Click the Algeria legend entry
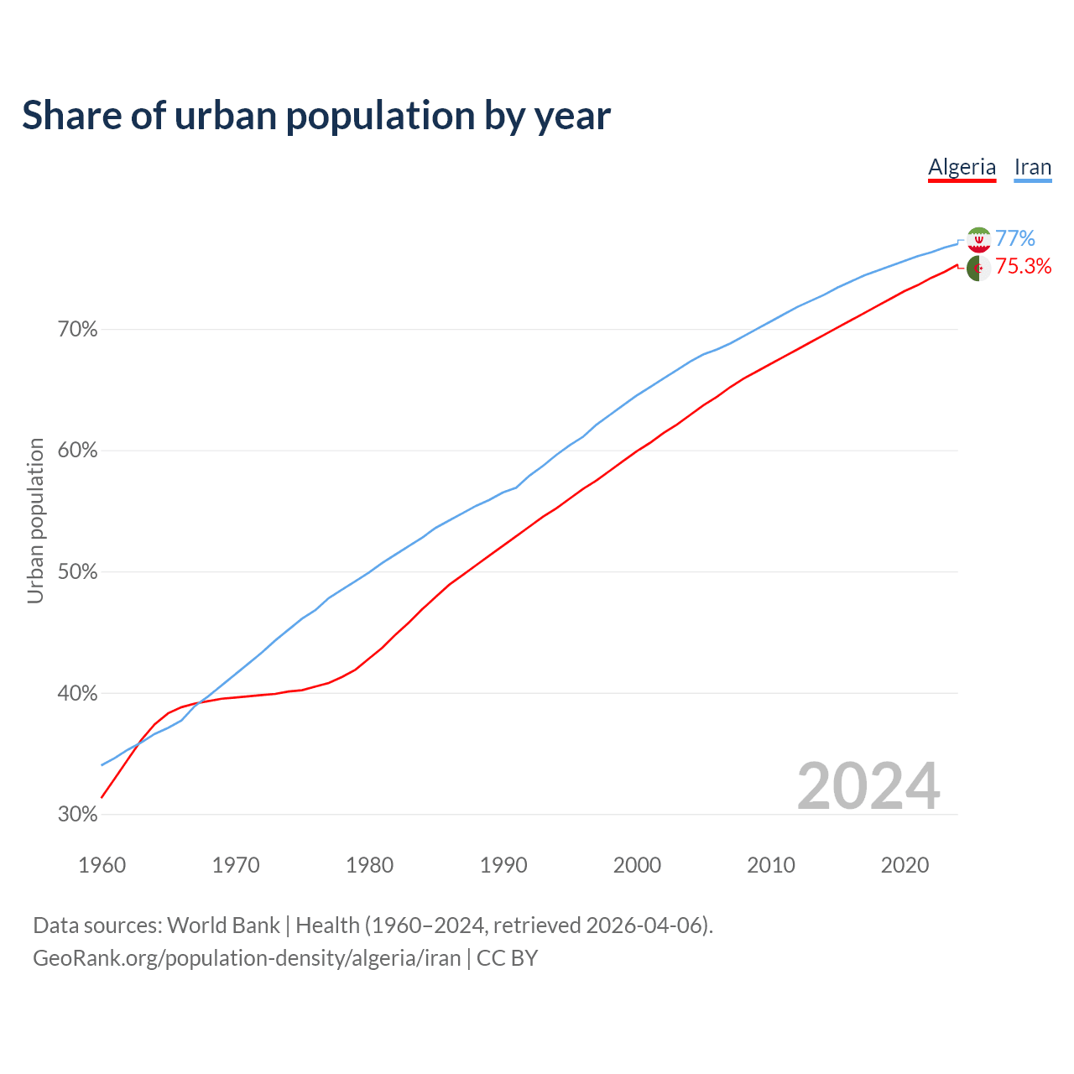tap(962, 167)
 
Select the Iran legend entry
tap(1032, 167)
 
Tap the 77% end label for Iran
tap(1015, 239)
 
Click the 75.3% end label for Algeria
tap(1023, 267)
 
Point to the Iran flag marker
tap(978, 240)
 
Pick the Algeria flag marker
tap(978, 268)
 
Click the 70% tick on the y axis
tap(77, 330)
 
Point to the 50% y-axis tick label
tap(77, 572)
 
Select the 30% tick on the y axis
tap(77, 815)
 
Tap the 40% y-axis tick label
tap(77, 694)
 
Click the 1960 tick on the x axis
tap(102, 865)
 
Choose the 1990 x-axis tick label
tap(503, 865)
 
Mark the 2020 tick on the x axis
tap(905, 865)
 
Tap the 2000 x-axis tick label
tap(637, 865)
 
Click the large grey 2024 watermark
tap(868, 786)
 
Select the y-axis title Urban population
tap(35, 520)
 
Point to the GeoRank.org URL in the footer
tap(247, 958)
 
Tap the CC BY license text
tap(507, 958)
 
